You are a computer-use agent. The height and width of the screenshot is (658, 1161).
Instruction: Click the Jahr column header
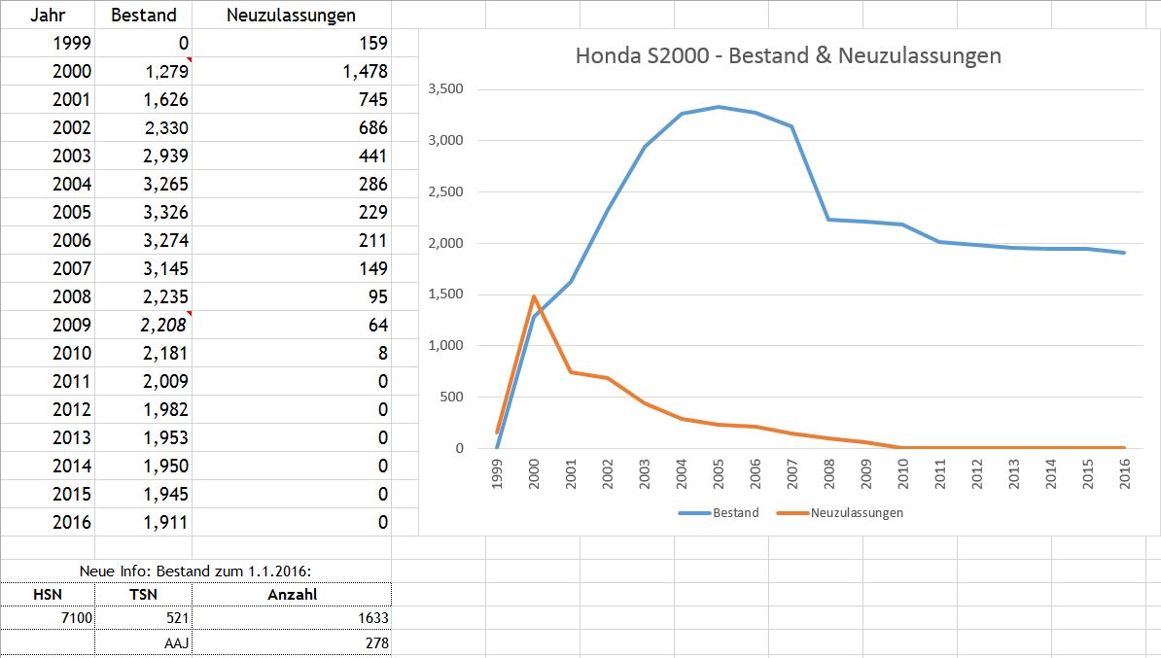coord(47,15)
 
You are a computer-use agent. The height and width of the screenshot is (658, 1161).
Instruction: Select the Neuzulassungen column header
coord(290,15)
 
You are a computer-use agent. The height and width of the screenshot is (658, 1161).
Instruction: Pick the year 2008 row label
coord(72,296)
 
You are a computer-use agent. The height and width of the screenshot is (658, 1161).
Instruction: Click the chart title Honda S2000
coord(788,55)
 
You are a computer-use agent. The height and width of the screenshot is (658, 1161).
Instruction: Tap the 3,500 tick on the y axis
coord(445,89)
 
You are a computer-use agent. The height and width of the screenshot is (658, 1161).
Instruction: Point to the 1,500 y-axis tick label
coord(445,294)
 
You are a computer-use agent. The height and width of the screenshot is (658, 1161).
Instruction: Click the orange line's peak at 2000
coord(534,296)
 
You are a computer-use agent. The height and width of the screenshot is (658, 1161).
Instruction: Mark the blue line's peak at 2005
coord(717,107)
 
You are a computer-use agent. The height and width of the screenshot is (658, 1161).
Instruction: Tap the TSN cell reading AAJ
coord(175,642)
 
